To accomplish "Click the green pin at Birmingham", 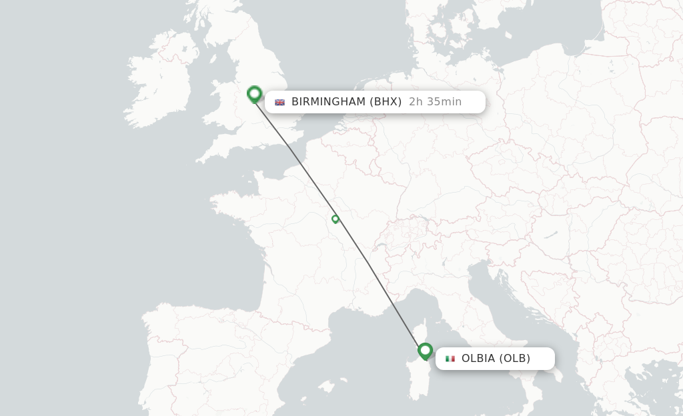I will (254, 94).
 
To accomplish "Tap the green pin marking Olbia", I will (425, 350).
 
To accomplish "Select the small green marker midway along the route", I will (335, 219).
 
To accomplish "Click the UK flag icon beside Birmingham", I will (280, 102).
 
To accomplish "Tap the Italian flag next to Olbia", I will (450, 359).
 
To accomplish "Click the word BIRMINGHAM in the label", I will (328, 102).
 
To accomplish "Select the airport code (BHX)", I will (386, 102).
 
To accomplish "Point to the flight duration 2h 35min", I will (435, 102).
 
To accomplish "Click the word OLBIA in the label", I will (478, 359).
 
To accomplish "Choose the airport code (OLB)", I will (515, 359).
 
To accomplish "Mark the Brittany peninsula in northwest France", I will (227, 200).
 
